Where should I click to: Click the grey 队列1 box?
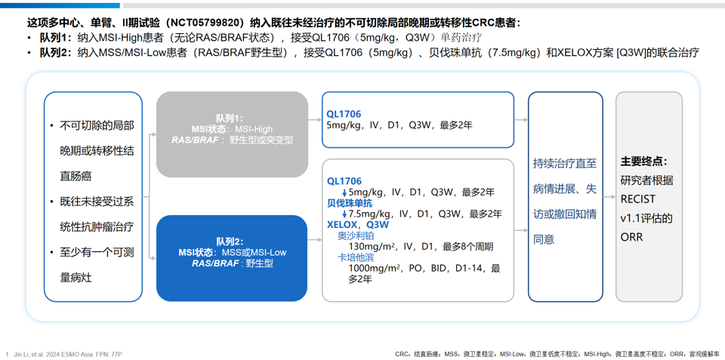tap(232, 134)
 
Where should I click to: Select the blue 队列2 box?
tap(232, 258)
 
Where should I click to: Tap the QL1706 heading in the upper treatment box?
tap(344, 114)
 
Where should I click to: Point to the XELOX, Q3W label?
tap(358, 225)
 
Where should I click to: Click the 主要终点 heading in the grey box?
tap(643, 162)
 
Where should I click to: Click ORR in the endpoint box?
tap(631, 237)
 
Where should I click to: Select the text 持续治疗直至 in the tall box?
tap(565, 164)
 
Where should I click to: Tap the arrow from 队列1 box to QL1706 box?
tap(316, 120)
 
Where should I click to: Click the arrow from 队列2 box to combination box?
tap(316, 240)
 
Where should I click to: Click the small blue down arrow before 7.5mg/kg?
tap(344, 214)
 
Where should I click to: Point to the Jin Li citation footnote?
tap(65, 354)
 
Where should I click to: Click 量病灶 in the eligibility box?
tap(76, 278)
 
